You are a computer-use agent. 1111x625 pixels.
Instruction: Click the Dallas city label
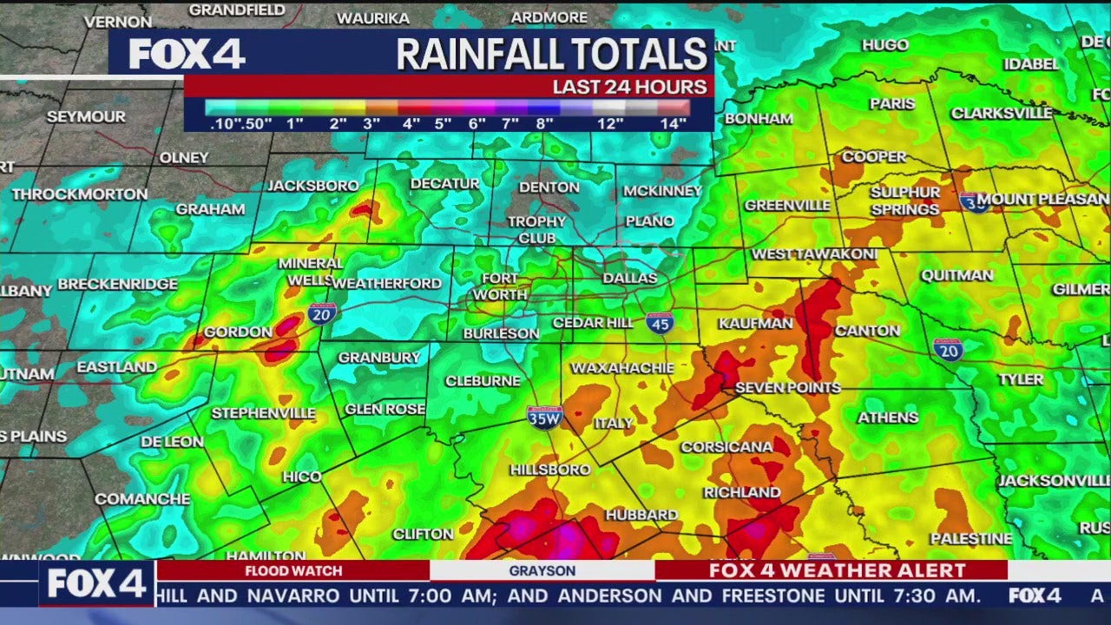click(x=630, y=278)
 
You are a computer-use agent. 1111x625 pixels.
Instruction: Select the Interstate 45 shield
click(x=660, y=323)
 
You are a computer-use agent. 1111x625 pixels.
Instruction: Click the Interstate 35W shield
click(x=544, y=416)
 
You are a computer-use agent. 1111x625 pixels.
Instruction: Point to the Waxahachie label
click(x=622, y=368)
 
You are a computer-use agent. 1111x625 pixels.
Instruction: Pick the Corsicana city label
click(x=726, y=447)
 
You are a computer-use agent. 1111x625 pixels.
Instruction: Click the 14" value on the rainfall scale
click(x=673, y=123)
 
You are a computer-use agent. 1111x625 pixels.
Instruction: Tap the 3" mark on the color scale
click(x=371, y=123)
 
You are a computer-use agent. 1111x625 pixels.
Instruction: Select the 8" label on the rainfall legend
click(x=544, y=123)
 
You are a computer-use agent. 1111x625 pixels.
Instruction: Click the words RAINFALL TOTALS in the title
click(x=552, y=55)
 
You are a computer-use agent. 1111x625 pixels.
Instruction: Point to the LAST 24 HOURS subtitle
click(x=630, y=87)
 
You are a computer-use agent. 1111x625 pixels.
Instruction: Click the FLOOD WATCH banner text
click(x=293, y=570)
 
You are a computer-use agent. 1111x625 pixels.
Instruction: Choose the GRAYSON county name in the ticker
click(x=542, y=570)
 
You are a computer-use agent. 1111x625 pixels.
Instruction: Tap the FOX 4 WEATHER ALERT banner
click(x=837, y=570)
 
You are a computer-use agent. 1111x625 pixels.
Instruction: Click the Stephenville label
click(x=264, y=413)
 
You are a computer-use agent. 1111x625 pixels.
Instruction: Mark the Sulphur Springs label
click(x=905, y=201)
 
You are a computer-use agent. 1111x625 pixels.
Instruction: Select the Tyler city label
click(x=1021, y=379)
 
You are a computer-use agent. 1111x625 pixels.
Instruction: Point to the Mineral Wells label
click(x=311, y=272)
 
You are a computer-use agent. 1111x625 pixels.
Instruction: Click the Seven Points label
click(x=788, y=388)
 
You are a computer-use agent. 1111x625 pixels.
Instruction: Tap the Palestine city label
click(x=971, y=539)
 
